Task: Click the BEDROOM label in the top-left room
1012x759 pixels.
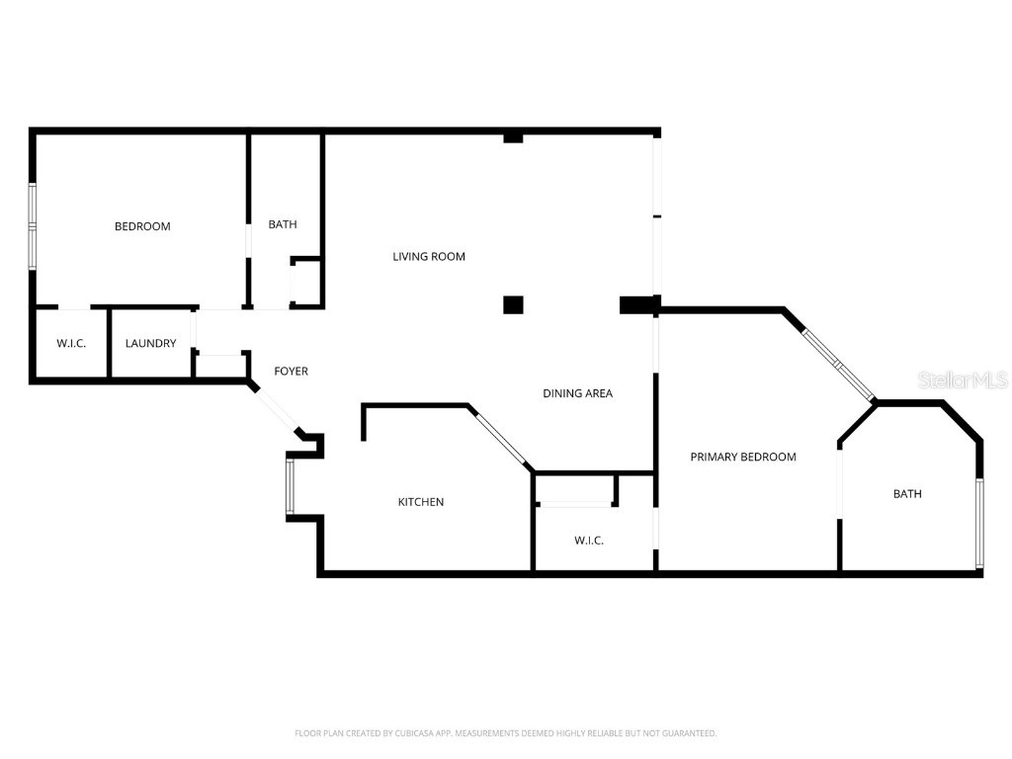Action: click(142, 226)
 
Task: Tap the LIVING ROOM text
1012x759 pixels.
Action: click(429, 257)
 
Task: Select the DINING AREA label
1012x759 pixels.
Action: click(577, 393)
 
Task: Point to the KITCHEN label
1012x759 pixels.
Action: click(421, 502)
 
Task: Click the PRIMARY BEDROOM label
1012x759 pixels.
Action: click(742, 457)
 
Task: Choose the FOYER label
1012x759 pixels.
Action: click(291, 372)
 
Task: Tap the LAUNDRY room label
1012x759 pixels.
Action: click(151, 344)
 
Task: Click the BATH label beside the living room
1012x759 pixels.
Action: click(283, 225)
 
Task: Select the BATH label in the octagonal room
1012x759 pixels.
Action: click(907, 494)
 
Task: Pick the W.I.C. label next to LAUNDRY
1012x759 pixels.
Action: click(71, 344)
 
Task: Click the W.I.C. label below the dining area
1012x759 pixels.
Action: click(589, 541)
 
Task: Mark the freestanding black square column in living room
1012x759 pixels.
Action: click(513, 304)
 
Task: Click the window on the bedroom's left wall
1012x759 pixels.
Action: click(33, 225)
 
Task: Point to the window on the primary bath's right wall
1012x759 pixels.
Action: click(979, 524)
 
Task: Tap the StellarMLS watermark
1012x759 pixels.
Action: click(962, 379)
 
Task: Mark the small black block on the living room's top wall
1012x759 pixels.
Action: click(513, 137)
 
